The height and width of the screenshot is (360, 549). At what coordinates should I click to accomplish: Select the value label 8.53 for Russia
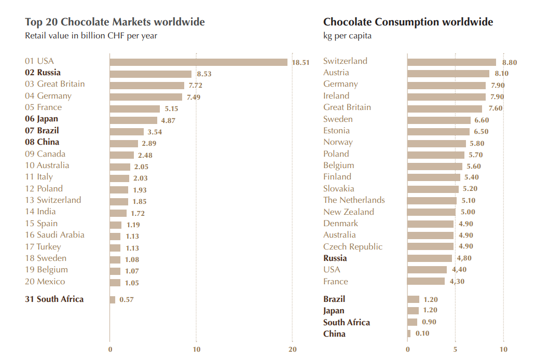[204, 74]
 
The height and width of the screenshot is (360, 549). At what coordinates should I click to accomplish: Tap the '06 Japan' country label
[42, 119]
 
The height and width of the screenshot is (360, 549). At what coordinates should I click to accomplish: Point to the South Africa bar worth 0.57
[113, 300]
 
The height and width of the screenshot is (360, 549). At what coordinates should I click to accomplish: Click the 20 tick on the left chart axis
[293, 350]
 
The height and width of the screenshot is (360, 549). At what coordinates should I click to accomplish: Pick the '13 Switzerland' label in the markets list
[53, 200]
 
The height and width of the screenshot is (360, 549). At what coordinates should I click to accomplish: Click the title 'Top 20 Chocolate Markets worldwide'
[115, 22]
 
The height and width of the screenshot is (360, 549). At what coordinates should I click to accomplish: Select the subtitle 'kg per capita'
[347, 36]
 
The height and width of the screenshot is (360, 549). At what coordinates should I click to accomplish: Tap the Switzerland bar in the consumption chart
[451, 62]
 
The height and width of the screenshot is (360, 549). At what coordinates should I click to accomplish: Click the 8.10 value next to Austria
[501, 74]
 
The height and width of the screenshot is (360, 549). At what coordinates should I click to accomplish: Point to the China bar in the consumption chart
[409, 334]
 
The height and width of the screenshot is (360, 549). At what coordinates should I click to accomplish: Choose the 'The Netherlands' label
[354, 200]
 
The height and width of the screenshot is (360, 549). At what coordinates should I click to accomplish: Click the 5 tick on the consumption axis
[455, 350]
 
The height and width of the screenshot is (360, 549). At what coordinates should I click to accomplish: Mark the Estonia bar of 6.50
[438, 132]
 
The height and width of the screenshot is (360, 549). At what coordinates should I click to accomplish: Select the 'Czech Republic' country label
[353, 246]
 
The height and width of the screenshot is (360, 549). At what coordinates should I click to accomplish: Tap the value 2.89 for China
[149, 144]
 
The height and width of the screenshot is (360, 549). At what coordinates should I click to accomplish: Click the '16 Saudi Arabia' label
[54, 234]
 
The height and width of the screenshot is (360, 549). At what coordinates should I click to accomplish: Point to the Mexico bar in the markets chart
[115, 283]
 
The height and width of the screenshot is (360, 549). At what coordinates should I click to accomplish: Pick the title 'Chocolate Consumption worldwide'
[408, 22]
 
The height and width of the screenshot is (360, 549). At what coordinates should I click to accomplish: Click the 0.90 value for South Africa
[429, 322]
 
